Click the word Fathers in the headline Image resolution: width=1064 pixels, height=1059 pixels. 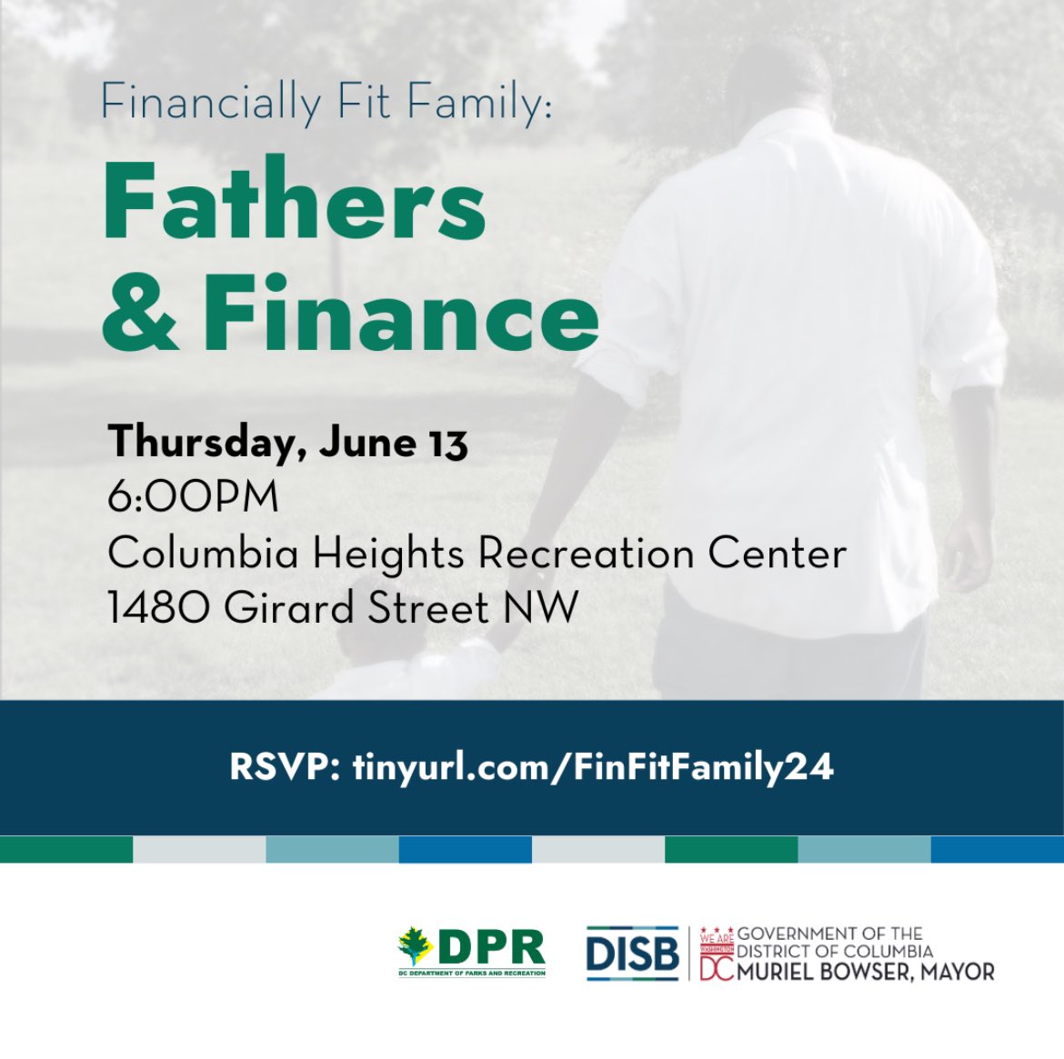[x=295, y=202]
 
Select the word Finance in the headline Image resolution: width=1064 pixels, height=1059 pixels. [x=400, y=314]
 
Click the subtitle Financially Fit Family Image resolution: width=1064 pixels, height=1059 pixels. [x=326, y=103]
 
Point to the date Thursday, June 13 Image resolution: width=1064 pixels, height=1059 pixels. [x=287, y=443]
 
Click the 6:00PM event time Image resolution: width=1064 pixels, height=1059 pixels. [x=193, y=497]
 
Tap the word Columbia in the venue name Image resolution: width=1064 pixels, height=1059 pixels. [x=203, y=553]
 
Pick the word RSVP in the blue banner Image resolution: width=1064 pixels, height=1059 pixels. [x=284, y=767]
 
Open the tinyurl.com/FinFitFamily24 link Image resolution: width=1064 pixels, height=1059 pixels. [x=592, y=767]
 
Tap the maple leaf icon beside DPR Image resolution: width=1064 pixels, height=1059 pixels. [x=416, y=946]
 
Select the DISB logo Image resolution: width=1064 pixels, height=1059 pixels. [x=632, y=953]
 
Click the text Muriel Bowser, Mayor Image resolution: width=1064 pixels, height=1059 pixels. [x=866, y=972]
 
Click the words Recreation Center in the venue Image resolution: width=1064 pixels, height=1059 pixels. [x=662, y=553]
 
